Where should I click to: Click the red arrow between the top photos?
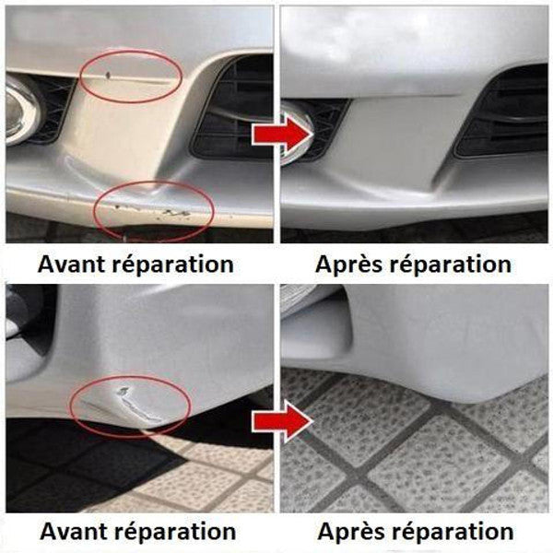coord(283,134)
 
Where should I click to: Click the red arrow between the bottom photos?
coord(283,421)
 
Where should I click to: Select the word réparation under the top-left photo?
coord(173,265)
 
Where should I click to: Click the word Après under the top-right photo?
coord(348,264)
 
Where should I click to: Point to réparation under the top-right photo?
coord(451,265)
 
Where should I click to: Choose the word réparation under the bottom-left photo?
coord(175,532)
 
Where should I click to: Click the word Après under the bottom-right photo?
coord(351,531)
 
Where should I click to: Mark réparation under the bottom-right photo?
coord(453,532)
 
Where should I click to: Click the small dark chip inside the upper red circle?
coord(108,75)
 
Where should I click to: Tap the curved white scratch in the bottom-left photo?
coord(136,405)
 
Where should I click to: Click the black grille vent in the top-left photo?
coord(232,110)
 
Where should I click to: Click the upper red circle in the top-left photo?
coord(131,50)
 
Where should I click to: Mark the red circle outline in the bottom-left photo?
coord(131,376)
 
